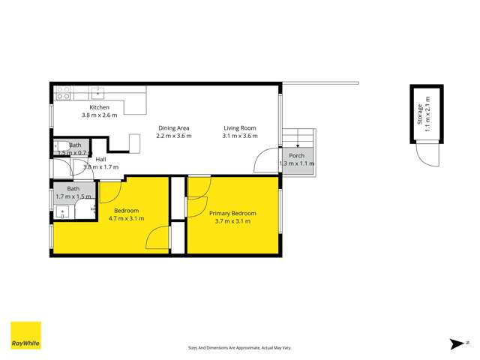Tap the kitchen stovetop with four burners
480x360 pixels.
64,94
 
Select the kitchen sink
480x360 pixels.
98,94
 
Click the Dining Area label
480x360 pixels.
174,127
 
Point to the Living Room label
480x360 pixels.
240,127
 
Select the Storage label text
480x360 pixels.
419,114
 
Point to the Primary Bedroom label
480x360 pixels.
232,214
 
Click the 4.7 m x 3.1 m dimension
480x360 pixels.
126,218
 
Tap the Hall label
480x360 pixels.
100,159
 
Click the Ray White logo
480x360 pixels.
25,336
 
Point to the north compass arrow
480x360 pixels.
456,344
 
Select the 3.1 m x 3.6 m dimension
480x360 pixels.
240,136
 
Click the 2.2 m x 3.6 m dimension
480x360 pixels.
174,136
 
